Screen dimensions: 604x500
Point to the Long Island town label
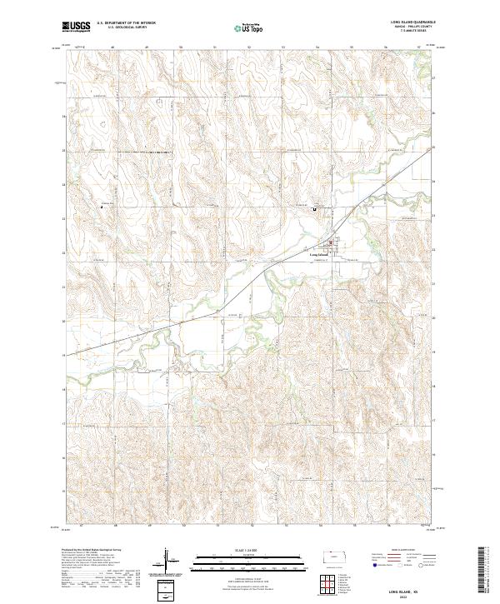(x=318, y=253)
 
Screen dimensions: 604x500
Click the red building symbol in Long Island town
(x=330, y=245)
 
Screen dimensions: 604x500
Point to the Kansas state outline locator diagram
(x=337, y=557)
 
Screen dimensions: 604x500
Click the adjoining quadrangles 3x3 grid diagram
(x=331, y=580)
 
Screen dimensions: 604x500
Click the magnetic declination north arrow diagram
(x=168, y=560)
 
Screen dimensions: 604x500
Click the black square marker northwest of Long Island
(x=314, y=209)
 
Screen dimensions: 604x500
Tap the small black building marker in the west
(x=102, y=204)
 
